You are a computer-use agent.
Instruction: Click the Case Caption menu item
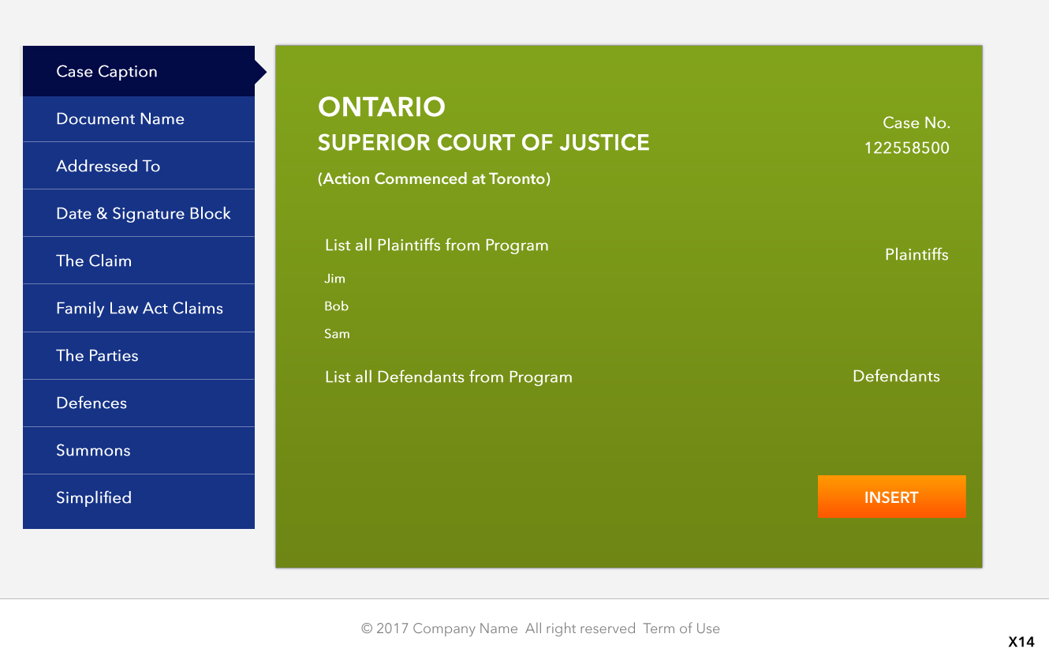click(139, 71)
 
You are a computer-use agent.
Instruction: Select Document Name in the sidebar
click(139, 119)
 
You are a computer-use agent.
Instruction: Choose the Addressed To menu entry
click(139, 166)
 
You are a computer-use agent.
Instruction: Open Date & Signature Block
click(139, 213)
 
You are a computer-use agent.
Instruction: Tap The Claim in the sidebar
click(139, 261)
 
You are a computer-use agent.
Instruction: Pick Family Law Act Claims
click(139, 308)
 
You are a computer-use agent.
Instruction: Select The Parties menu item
click(139, 356)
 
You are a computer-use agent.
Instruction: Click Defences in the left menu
click(139, 403)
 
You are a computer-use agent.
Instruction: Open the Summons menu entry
click(139, 451)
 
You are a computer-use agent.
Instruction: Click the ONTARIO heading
click(382, 107)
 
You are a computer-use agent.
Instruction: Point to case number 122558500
click(907, 148)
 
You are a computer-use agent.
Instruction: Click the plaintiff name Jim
click(335, 279)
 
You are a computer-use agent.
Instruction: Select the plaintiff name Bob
click(336, 306)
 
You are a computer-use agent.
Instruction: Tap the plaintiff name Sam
click(337, 334)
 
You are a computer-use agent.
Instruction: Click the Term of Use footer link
click(681, 628)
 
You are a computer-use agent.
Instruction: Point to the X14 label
click(1021, 642)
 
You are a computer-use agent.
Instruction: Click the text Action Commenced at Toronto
click(434, 178)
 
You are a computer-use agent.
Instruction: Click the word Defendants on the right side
click(896, 376)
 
